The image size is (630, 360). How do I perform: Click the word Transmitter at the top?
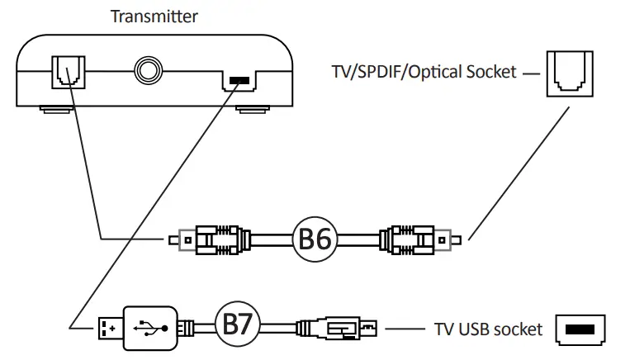[154, 15]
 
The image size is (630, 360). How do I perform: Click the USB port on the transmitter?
[239, 80]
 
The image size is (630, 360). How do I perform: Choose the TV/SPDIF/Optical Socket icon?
[566, 73]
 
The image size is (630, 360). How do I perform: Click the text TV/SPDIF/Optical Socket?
[420, 73]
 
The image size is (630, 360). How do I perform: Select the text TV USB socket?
[488, 329]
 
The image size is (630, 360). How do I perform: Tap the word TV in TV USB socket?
[444, 329]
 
